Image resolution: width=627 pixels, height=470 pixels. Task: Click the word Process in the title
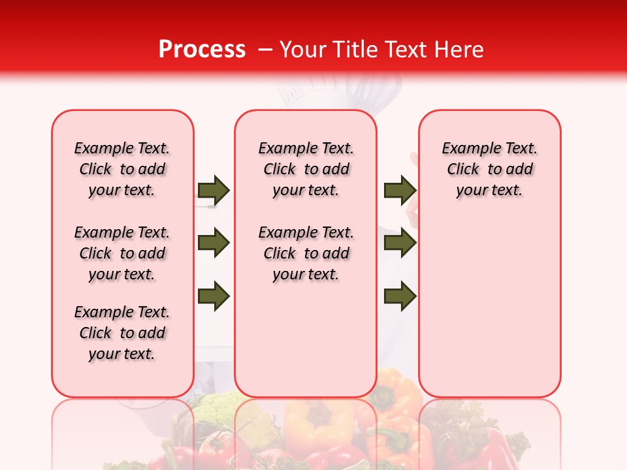pos(201,50)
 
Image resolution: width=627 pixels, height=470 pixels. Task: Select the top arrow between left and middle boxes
pos(214,190)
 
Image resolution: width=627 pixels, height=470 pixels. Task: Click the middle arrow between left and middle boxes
pos(214,243)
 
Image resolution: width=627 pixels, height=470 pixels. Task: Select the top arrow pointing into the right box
pos(400,190)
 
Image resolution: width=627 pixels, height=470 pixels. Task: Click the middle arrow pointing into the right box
pos(400,243)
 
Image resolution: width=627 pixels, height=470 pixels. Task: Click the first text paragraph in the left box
pos(122,169)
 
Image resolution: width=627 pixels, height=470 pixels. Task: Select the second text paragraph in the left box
pos(122,253)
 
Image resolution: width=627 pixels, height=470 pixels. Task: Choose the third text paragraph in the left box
pos(122,333)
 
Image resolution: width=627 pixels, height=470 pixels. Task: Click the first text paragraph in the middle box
pos(306,169)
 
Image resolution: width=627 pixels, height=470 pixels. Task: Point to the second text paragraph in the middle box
pos(306,253)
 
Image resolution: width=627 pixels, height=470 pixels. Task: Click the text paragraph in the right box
pos(489,169)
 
